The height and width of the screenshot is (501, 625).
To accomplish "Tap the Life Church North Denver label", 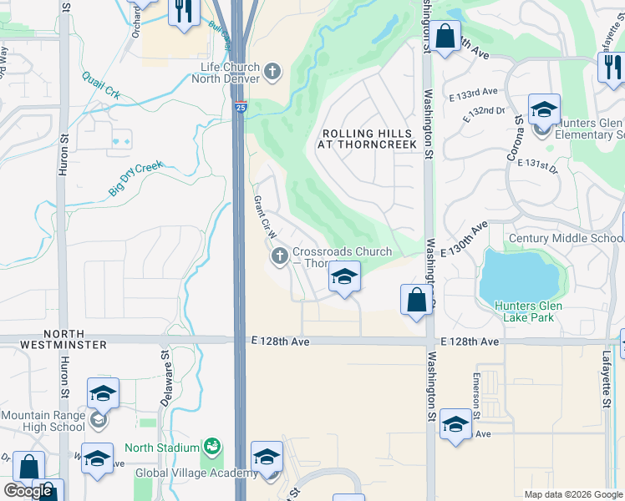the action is [x=230, y=73].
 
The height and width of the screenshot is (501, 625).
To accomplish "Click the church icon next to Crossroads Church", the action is [x=279, y=254].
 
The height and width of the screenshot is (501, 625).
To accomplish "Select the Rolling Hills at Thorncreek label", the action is [x=366, y=139].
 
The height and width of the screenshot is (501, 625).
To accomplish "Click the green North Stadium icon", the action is [x=213, y=448].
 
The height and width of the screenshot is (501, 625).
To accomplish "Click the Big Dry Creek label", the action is [x=135, y=179].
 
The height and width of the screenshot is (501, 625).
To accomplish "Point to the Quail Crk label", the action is [x=101, y=86].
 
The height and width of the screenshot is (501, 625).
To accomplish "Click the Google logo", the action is [x=28, y=490].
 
